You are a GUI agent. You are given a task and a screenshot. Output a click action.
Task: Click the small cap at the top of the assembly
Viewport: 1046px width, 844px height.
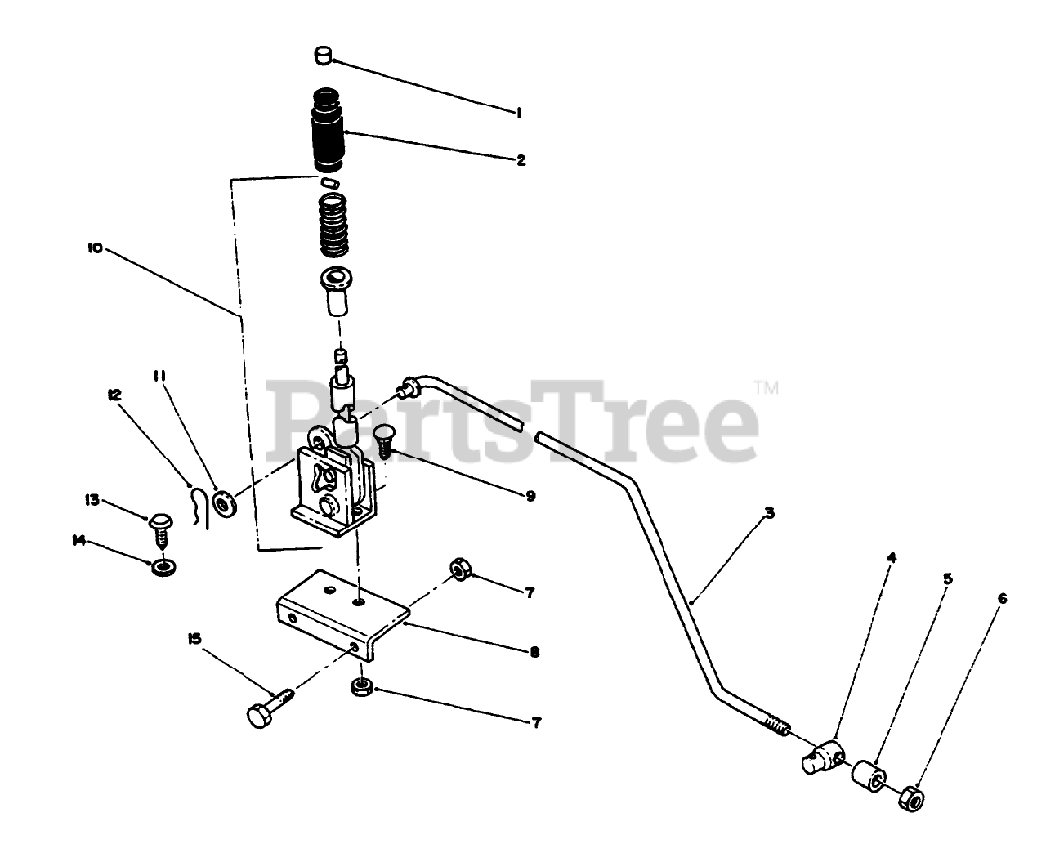[322, 56]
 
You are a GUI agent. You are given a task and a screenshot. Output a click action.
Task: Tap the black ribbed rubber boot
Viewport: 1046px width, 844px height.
[327, 130]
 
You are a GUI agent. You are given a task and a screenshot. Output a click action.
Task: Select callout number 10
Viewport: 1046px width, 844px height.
[95, 248]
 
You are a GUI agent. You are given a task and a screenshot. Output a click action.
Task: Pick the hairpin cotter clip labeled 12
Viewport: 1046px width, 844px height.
[199, 507]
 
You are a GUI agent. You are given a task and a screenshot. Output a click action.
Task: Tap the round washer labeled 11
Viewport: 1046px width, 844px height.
[225, 502]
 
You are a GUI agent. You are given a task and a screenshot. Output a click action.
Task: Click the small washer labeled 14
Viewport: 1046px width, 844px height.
[164, 568]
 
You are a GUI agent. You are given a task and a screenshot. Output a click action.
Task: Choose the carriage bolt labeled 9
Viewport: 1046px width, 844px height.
[385, 441]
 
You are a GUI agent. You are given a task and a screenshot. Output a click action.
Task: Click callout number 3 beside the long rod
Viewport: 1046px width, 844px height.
[770, 513]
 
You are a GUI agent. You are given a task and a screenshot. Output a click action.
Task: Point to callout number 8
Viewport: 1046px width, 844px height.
[534, 653]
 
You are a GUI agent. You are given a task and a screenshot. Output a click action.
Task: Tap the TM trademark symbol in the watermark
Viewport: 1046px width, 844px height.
[767, 388]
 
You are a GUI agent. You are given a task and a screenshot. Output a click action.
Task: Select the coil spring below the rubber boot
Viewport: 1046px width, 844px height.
[333, 225]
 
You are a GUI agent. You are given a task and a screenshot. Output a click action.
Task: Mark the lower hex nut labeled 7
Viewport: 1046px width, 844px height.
[362, 687]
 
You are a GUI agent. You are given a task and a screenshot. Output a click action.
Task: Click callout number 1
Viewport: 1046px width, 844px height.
[517, 114]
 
